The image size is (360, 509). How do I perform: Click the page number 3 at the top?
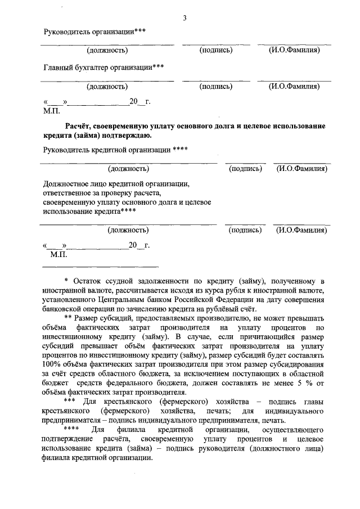(184, 19)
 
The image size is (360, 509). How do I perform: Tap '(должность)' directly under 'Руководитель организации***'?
(107, 51)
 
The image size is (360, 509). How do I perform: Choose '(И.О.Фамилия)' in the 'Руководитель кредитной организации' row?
(302, 168)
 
